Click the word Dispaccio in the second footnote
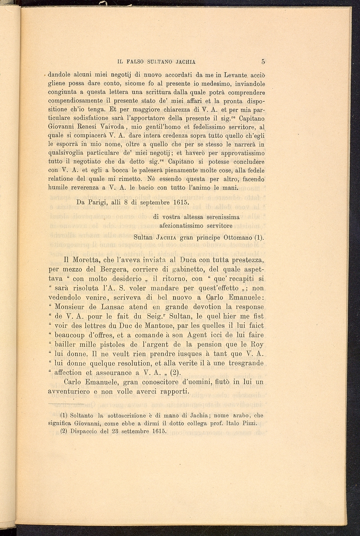pyautogui.click(x=84, y=431)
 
